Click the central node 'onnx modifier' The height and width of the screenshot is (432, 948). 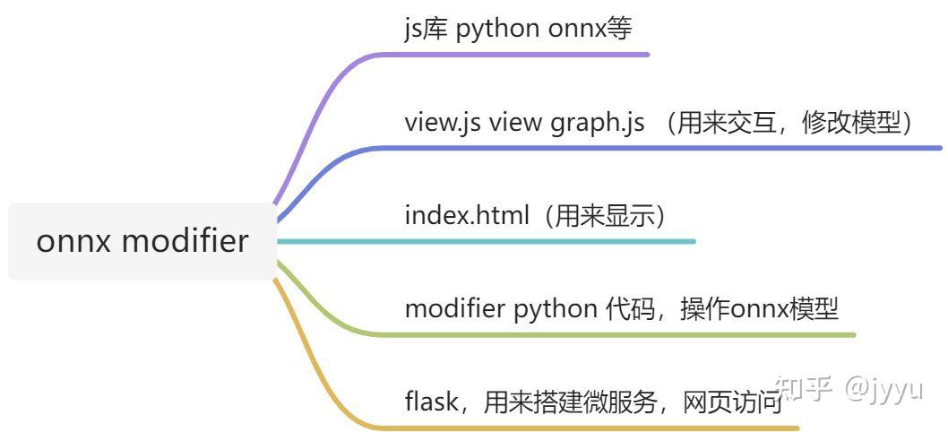[x=142, y=241]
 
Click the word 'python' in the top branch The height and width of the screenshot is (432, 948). [x=498, y=29]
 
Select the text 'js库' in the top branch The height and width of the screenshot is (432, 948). [x=426, y=29]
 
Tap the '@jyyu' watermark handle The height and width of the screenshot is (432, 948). [x=883, y=389]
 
